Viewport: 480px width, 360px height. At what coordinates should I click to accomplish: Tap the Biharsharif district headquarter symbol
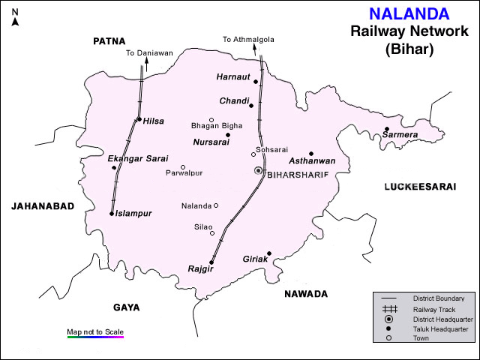pos(258,171)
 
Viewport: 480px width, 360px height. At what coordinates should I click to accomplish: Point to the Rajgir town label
pos(202,268)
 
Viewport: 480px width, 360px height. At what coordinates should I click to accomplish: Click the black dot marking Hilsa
pos(139,118)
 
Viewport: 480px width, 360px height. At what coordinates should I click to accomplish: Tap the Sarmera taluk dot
pos(387,129)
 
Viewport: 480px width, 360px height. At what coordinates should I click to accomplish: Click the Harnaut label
pos(232,76)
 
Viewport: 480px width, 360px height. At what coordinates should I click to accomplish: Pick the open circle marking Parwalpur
pos(183,167)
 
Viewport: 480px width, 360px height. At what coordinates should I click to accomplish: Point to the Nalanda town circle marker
pos(216,205)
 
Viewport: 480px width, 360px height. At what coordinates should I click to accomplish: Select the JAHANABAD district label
pos(42,205)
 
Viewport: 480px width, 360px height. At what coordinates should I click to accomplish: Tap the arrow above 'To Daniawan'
pos(146,64)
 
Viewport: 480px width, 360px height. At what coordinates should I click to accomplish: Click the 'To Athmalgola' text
pos(244,39)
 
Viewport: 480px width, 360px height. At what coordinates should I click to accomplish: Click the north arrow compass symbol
pos(15,18)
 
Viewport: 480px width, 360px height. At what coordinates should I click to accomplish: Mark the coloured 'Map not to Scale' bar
pos(94,337)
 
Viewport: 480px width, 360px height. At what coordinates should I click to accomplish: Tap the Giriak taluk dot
pos(268,253)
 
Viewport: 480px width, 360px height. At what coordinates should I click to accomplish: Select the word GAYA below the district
pos(127,307)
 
